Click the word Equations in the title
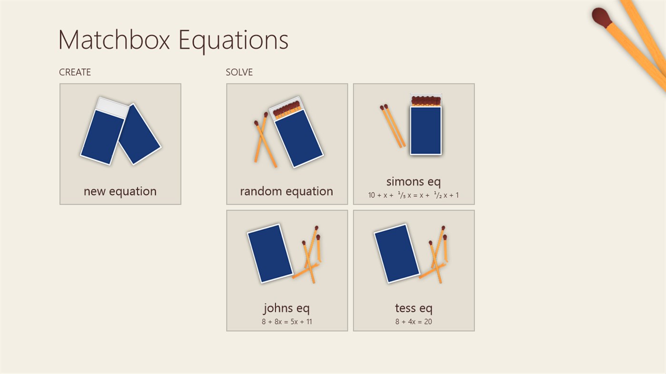pos(233,40)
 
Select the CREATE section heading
pos(75,72)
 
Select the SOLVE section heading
pos(239,72)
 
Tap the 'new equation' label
pos(120,191)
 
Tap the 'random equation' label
pos(287,191)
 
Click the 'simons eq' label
pos(413,181)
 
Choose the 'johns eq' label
pos(287,308)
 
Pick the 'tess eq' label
pos(413,308)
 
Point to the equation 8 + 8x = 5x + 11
pos(287,322)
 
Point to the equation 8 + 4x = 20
pos(413,322)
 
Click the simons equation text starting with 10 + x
pos(413,195)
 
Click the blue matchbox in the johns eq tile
pos(270,253)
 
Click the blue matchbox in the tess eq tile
pos(397,253)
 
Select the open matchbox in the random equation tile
pos(296,135)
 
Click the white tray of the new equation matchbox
pos(112,107)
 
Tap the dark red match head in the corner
pos(601,17)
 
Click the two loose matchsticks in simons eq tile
pos(393,126)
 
